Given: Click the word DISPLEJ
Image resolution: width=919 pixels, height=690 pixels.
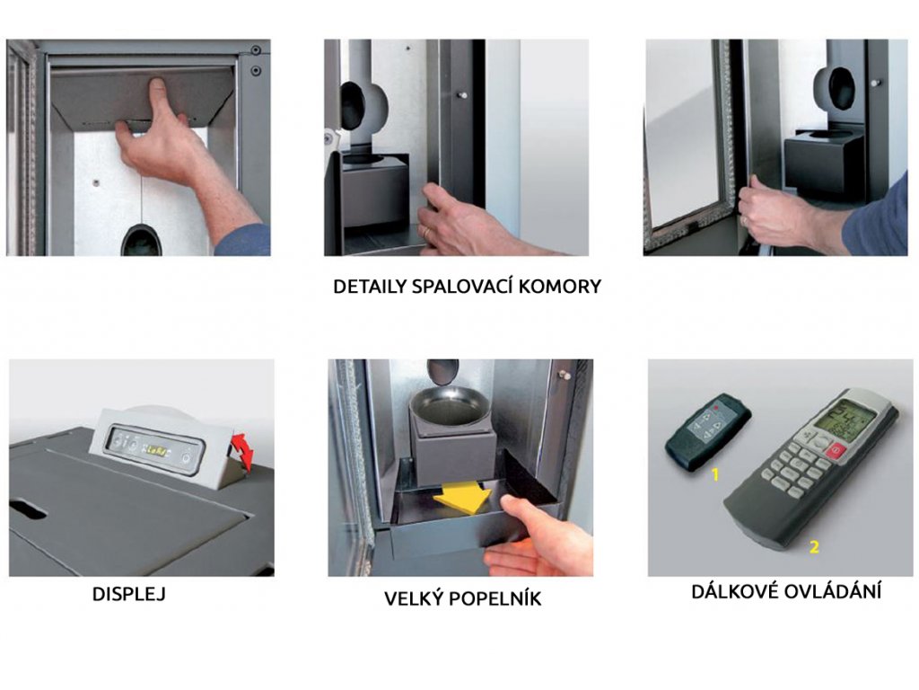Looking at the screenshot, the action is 129,594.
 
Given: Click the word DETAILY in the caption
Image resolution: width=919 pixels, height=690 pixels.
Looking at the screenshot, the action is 370,287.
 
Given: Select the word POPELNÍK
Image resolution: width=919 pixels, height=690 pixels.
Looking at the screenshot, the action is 498,598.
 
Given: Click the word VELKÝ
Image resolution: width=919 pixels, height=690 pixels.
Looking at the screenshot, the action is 416,598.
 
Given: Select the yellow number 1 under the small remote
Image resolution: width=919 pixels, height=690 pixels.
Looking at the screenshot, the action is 714,474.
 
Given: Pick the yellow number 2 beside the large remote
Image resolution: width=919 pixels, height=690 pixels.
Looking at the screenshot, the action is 813,547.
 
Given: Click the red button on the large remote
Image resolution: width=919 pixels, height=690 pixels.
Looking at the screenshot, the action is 836,452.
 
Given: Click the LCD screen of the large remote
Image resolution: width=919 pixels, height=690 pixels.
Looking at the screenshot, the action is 853,418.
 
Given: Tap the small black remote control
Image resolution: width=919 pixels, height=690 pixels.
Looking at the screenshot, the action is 707,432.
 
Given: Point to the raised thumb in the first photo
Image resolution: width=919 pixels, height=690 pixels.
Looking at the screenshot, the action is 156,95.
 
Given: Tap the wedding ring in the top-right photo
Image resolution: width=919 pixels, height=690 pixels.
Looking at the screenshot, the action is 744,220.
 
